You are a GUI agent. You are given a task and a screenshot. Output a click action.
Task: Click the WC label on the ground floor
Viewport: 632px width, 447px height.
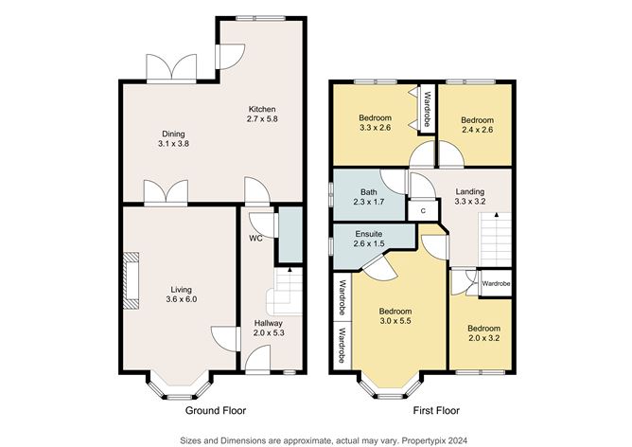pos(255,238)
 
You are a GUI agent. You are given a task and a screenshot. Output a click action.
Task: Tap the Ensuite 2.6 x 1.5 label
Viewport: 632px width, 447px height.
pos(369,239)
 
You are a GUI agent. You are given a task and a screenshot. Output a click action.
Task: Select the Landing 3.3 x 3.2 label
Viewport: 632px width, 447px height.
pos(470,196)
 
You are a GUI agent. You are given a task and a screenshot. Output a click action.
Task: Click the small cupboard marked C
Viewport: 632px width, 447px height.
pos(423,210)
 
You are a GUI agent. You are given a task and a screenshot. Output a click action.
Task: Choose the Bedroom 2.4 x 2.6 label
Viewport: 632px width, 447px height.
pos(477,126)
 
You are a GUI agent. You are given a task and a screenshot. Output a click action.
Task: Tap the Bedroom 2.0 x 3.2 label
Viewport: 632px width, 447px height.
pos(483,334)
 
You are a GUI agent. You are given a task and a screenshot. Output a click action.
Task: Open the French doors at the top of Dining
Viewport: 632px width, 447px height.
pos(171,68)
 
